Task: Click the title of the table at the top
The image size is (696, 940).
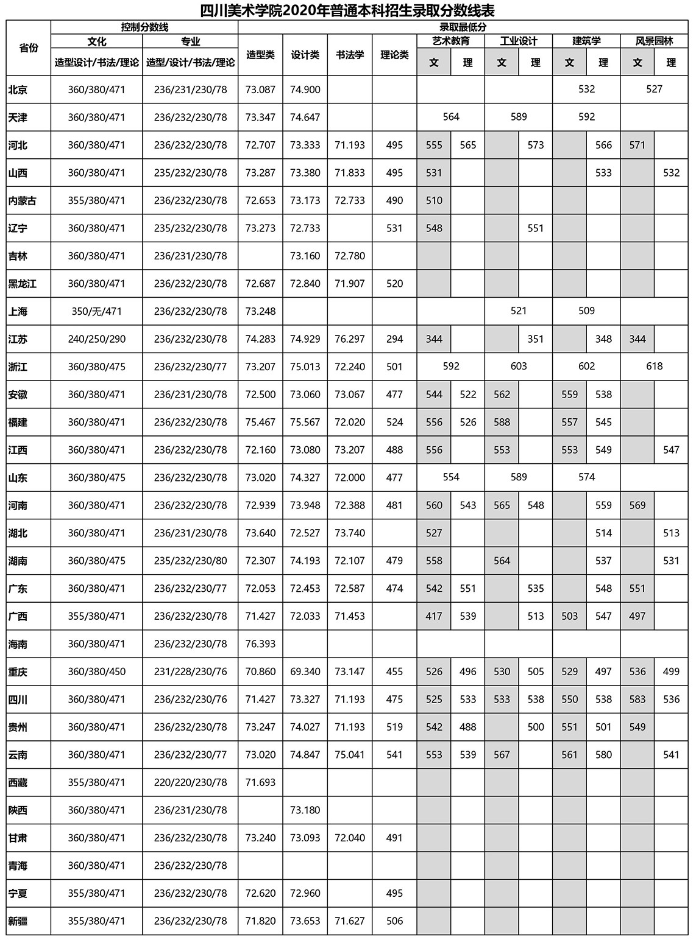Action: tap(347, 10)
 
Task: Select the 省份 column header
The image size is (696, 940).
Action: tap(28, 48)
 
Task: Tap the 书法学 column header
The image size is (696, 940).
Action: tap(350, 55)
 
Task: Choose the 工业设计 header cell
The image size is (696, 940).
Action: tap(519, 41)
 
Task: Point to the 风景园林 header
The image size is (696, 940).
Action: tap(654, 41)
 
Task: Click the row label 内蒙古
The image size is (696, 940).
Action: tap(23, 201)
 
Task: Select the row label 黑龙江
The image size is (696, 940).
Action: tap(23, 284)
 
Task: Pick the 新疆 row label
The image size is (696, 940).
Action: tap(18, 921)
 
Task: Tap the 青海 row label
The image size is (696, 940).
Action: tap(18, 866)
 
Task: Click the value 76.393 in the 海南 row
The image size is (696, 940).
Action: tap(260, 644)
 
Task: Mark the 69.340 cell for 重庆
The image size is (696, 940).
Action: tap(305, 672)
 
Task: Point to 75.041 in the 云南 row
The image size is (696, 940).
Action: tap(350, 755)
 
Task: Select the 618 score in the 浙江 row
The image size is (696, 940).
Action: tap(654, 367)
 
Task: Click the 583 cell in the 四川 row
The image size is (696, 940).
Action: tap(637, 700)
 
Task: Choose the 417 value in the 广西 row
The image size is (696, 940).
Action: tap(434, 616)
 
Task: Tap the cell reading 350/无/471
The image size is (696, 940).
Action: tap(97, 312)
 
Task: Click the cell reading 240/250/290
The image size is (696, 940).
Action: tap(97, 339)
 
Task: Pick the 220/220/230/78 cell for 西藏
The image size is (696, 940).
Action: tap(190, 783)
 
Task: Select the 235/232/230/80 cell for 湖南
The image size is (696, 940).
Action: tap(190, 561)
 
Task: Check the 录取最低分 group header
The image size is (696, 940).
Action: tap(463, 27)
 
